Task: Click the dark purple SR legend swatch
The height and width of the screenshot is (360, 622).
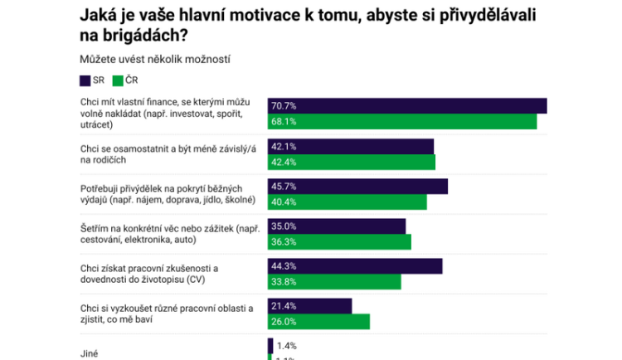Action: pyautogui.click(x=85, y=80)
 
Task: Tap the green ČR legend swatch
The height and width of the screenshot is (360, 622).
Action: pyautogui.click(x=118, y=80)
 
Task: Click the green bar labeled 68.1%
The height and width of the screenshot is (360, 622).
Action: pyautogui.click(x=402, y=122)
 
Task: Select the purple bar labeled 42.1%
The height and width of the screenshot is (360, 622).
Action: pyautogui.click(x=351, y=146)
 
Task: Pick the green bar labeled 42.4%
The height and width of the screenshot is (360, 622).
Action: pyautogui.click(x=352, y=162)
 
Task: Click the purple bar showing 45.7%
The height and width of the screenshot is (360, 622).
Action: pyautogui.click(x=357, y=186)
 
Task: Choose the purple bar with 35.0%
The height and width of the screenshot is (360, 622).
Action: pyautogui.click(x=337, y=226)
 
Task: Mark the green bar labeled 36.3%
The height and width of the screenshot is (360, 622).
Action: pyautogui.click(x=339, y=241)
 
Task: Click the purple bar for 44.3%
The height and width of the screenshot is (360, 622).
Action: pyautogui.click(x=355, y=265)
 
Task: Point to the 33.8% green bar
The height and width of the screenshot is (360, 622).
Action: pyautogui.click(x=334, y=281)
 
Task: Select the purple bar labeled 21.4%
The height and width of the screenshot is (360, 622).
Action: pyautogui.click(x=310, y=305)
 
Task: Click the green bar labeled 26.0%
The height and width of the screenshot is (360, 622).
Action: pyautogui.click(x=318, y=321)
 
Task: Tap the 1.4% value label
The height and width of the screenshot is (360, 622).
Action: pyautogui.click(x=286, y=345)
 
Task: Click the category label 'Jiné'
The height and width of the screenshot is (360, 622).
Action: pyautogui.click(x=90, y=353)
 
